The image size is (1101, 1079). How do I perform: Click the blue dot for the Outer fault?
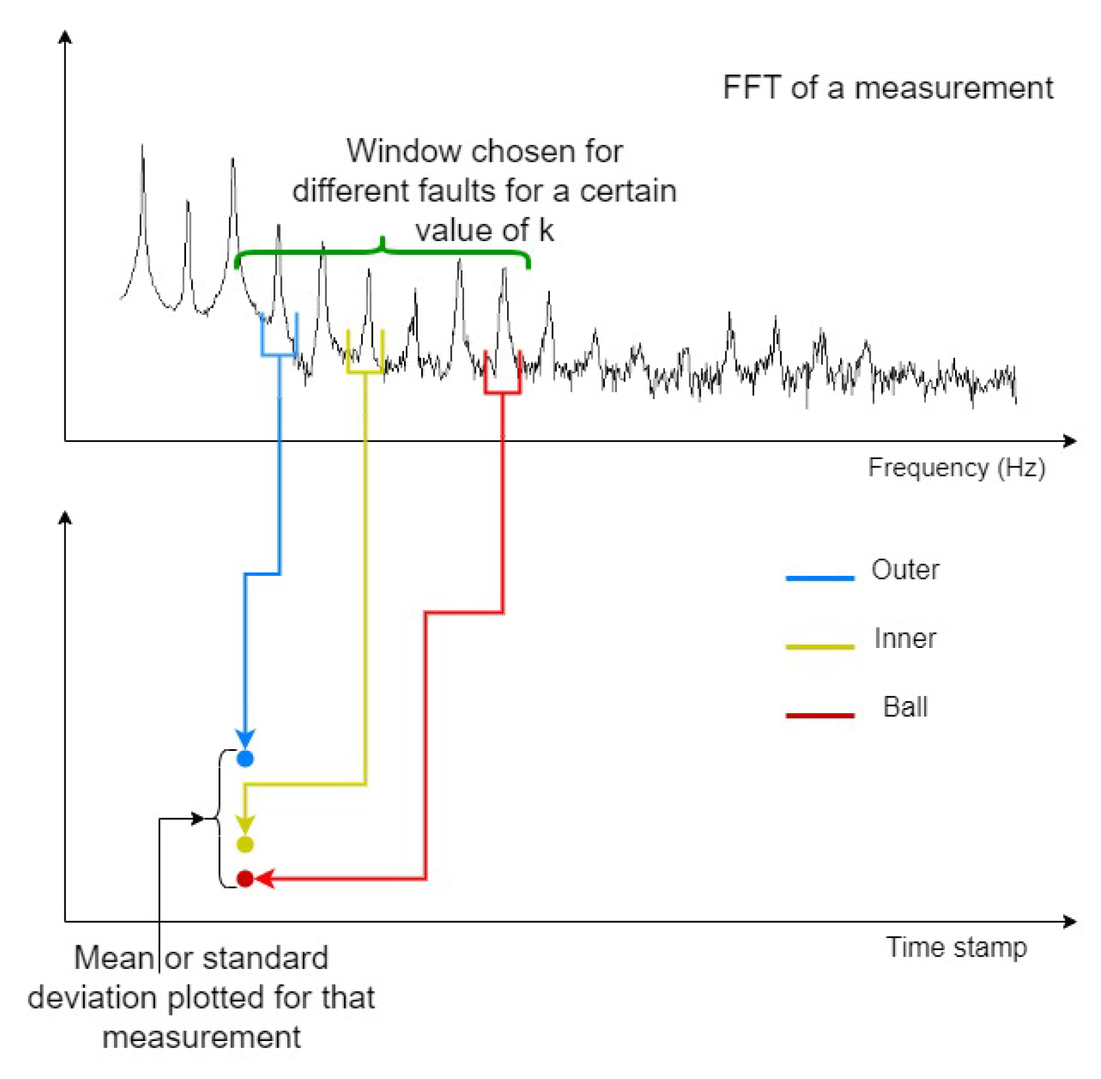pyautogui.click(x=245, y=758)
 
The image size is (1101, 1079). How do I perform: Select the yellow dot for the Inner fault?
pyautogui.click(x=245, y=844)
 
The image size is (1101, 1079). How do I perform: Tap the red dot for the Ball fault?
pyautogui.click(x=245, y=879)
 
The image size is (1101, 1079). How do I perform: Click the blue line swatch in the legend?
pyautogui.click(x=819, y=577)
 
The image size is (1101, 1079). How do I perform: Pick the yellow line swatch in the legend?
pyautogui.click(x=819, y=646)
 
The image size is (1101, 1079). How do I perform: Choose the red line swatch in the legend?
pyautogui.click(x=819, y=715)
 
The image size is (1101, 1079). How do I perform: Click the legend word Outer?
pyautogui.click(x=905, y=570)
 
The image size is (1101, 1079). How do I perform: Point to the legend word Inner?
pyautogui.click(x=904, y=638)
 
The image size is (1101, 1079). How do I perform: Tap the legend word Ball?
pyautogui.click(x=905, y=707)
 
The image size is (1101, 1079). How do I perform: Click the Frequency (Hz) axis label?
pyautogui.click(x=957, y=467)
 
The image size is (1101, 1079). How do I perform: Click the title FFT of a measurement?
pyautogui.click(x=887, y=88)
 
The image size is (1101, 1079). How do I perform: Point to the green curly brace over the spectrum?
pyautogui.click(x=383, y=253)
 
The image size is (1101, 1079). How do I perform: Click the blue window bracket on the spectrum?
pyautogui.click(x=279, y=355)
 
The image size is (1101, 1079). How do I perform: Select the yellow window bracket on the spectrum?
pyautogui.click(x=365, y=372)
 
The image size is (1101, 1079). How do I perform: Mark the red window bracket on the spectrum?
pyautogui.click(x=502, y=391)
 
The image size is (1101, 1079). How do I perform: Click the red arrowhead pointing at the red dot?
pyautogui.click(x=265, y=879)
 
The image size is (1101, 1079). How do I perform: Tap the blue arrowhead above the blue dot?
pyautogui.click(x=245, y=738)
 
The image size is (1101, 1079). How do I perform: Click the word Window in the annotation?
pyautogui.click(x=395, y=151)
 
